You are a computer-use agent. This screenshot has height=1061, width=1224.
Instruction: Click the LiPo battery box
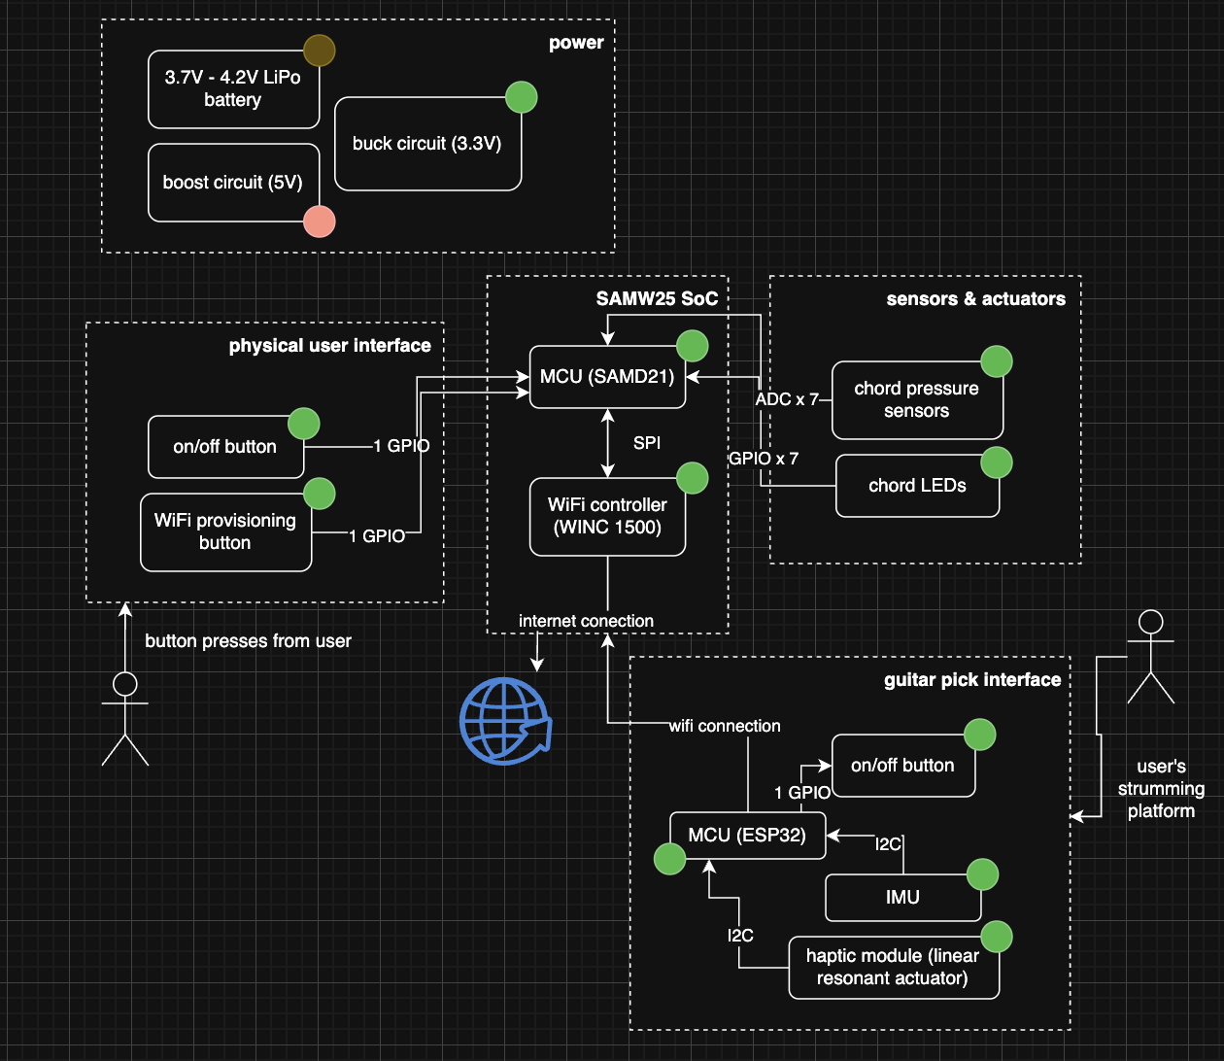click(233, 89)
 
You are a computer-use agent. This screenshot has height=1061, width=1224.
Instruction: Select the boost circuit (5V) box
click(233, 183)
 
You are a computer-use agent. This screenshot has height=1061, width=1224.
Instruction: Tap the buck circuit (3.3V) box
click(427, 144)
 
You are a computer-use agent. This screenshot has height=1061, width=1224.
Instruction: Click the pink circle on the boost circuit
click(320, 222)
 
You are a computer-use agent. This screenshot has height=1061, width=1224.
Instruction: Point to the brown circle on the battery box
click(319, 51)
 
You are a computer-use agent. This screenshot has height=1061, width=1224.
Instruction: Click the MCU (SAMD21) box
click(607, 377)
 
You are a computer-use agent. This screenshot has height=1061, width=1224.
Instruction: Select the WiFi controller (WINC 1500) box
click(607, 517)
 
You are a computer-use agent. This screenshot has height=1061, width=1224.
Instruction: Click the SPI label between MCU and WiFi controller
click(647, 443)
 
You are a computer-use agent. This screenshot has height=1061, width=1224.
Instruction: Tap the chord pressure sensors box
click(916, 400)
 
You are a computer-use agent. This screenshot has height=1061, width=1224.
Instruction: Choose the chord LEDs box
click(917, 486)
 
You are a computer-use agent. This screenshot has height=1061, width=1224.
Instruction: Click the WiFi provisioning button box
click(225, 532)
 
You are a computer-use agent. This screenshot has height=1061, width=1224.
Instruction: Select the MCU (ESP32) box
click(747, 836)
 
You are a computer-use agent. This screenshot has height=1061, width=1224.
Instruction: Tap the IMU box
click(902, 898)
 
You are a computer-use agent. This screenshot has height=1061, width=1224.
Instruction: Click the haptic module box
click(893, 968)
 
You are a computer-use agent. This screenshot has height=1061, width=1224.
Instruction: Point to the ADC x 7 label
click(787, 399)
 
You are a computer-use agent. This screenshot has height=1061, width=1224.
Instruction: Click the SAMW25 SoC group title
click(657, 299)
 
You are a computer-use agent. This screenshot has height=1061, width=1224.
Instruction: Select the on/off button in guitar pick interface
click(902, 766)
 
